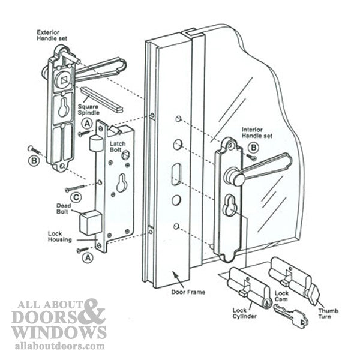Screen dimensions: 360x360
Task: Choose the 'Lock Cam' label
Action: coord(281,296)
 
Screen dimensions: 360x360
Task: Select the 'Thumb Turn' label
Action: coord(328,314)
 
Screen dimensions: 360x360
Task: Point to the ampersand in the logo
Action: coord(92,312)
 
